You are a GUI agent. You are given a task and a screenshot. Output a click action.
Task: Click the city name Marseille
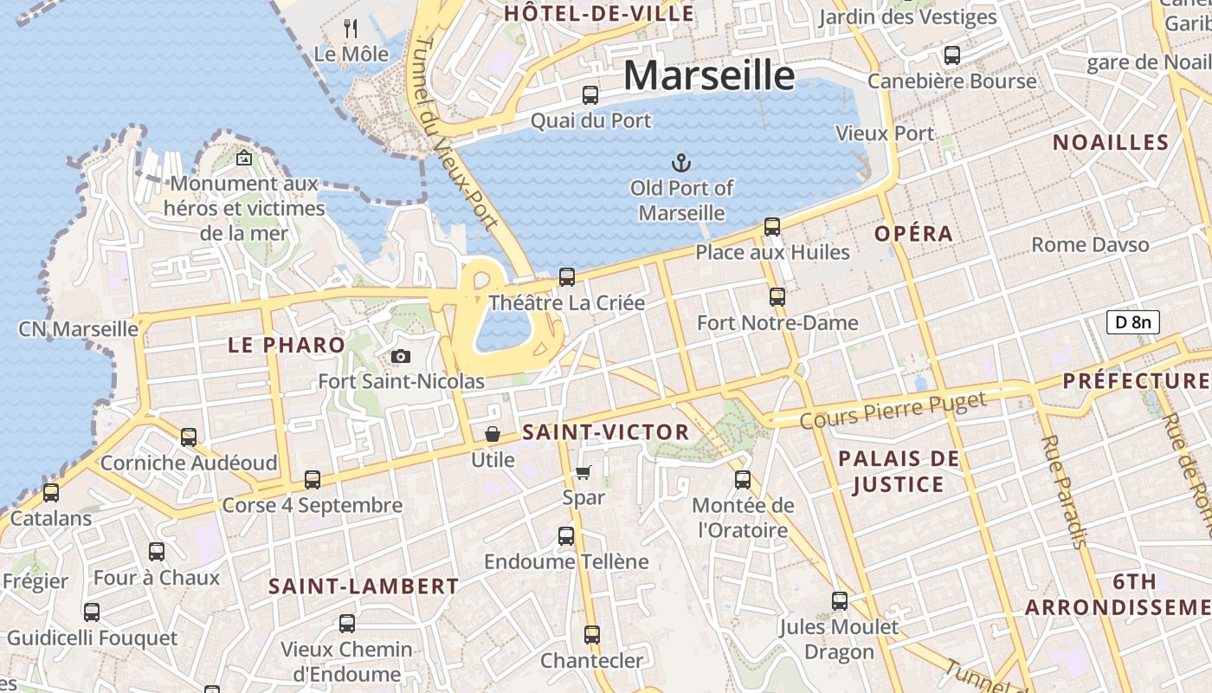tap(708, 75)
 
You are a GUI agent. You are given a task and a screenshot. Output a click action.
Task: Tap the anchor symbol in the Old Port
tap(681, 162)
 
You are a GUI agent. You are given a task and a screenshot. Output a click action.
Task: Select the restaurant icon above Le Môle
tap(351, 29)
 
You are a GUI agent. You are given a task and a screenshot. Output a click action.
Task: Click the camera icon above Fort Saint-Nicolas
tap(400, 356)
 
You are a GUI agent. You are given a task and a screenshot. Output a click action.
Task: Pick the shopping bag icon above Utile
tap(493, 434)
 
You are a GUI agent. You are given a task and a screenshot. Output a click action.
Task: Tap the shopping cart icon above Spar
tap(583, 472)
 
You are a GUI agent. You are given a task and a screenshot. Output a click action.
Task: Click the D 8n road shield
tap(1132, 322)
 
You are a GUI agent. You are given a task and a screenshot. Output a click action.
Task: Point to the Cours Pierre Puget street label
tap(893, 411)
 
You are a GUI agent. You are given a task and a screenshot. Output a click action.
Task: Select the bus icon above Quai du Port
tap(590, 95)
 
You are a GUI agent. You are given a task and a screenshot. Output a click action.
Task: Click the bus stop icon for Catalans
tap(51, 493)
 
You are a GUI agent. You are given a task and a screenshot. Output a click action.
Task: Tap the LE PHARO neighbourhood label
tap(287, 345)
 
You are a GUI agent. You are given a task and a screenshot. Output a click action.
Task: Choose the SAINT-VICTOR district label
tap(606, 432)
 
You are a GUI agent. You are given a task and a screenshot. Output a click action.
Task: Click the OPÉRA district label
tap(913, 233)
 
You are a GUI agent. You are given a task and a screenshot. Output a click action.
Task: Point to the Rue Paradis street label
tap(1064, 491)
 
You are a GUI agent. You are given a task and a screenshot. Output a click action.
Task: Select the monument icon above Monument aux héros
tap(244, 158)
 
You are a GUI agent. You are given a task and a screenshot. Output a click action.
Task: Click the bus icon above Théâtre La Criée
tap(567, 277)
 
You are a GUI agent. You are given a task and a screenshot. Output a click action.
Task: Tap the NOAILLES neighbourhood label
tap(1111, 142)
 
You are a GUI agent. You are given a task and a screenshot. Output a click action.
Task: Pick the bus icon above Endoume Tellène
tap(566, 536)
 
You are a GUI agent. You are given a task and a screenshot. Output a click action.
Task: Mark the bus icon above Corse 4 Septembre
tap(313, 479)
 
